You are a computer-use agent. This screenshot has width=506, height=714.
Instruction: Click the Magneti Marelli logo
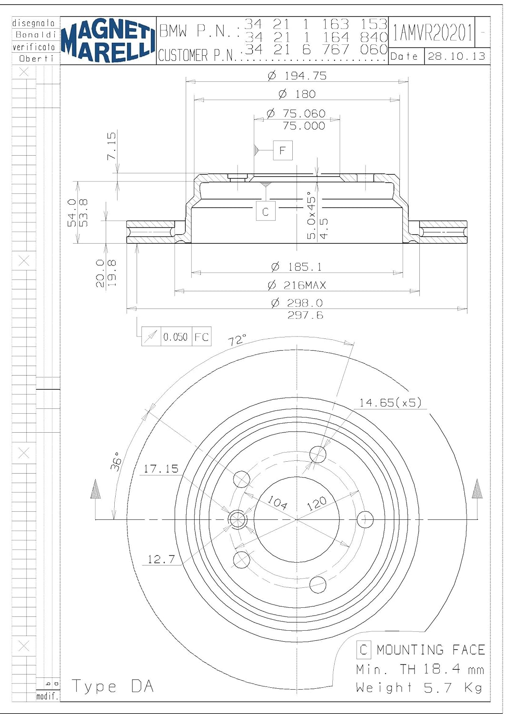point(109,40)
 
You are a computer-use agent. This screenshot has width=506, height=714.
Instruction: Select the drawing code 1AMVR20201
point(432,33)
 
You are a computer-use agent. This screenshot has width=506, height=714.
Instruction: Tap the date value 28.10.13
point(456,56)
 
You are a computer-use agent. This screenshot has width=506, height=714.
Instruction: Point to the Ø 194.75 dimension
point(297,76)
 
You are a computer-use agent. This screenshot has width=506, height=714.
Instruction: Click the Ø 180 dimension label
point(297,94)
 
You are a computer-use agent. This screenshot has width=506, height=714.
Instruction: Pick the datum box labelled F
point(283,151)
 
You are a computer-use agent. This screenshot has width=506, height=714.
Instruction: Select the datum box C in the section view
point(266,211)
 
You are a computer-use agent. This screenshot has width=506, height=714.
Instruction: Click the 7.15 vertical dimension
point(111,146)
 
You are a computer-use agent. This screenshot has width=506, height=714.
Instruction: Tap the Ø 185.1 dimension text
point(297,267)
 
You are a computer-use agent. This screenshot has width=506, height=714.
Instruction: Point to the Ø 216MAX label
point(297,285)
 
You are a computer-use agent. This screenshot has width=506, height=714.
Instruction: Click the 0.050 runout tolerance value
point(176,337)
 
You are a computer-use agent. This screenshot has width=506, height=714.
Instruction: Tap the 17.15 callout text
point(161,469)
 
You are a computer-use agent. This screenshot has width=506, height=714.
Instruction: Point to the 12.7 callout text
point(161,559)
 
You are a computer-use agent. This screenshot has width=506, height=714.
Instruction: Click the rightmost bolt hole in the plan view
point(365,519)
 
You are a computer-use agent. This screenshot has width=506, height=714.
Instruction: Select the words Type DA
point(113,686)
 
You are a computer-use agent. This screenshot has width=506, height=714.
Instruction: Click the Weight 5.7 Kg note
point(419,688)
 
